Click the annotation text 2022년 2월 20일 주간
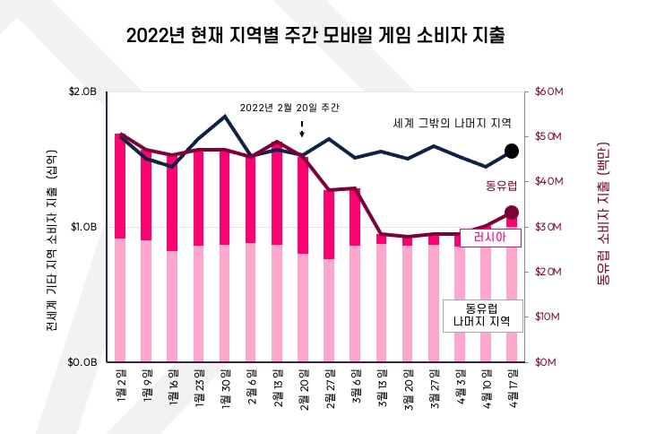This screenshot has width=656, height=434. coord(290,108)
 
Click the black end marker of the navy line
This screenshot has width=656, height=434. coord(512,151)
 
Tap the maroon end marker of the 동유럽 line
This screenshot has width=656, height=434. coord(512,213)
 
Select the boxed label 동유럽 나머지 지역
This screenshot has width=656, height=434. coord(482,315)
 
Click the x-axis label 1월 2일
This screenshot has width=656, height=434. coord(121,383)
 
